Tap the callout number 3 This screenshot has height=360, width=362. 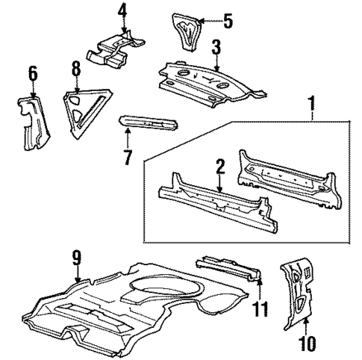pos(215,49)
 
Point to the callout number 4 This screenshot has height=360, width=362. pos(122,11)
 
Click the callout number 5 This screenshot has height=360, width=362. pos(228,20)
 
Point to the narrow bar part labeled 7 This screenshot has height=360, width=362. pos(150,122)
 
